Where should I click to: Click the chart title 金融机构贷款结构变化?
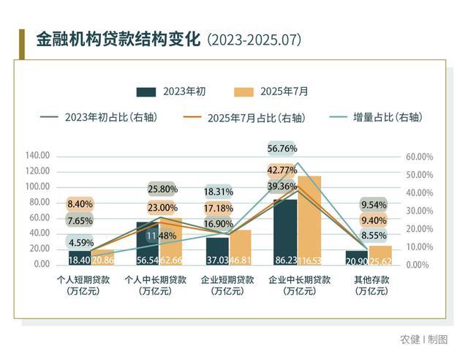[118, 39]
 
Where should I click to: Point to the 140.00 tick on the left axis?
[37, 155]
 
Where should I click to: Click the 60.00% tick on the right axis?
[419, 157]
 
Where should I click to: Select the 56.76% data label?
[282, 149]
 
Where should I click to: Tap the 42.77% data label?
[282, 170]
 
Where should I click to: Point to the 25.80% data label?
[162, 189]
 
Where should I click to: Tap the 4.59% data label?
[80, 242]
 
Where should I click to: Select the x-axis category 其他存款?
[371, 280]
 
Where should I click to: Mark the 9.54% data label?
[374, 204]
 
